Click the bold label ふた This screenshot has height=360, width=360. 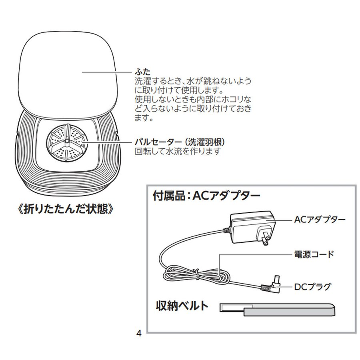(x=142, y=72)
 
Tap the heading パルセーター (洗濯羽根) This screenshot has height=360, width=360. (x=180, y=142)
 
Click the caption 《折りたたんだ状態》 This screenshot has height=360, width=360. (x=65, y=209)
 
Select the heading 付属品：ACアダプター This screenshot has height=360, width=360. (x=206, y=196)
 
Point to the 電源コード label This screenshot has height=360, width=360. (x=314, y=254)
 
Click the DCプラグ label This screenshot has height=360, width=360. (x=313, y=287)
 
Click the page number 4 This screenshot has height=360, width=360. (x=139, y=333)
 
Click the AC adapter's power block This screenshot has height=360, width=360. (x=252, y=227)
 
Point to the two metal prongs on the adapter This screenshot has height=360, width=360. (x=266, y=239)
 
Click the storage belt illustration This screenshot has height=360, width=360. (x=277, y=309)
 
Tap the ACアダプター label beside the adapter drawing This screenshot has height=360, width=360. (x=320, y=220)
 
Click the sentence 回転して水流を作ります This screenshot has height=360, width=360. (x=178, y=151)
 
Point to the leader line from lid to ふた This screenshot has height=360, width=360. (x=107, y=72)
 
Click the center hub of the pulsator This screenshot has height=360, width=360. (x=67, y=140)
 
